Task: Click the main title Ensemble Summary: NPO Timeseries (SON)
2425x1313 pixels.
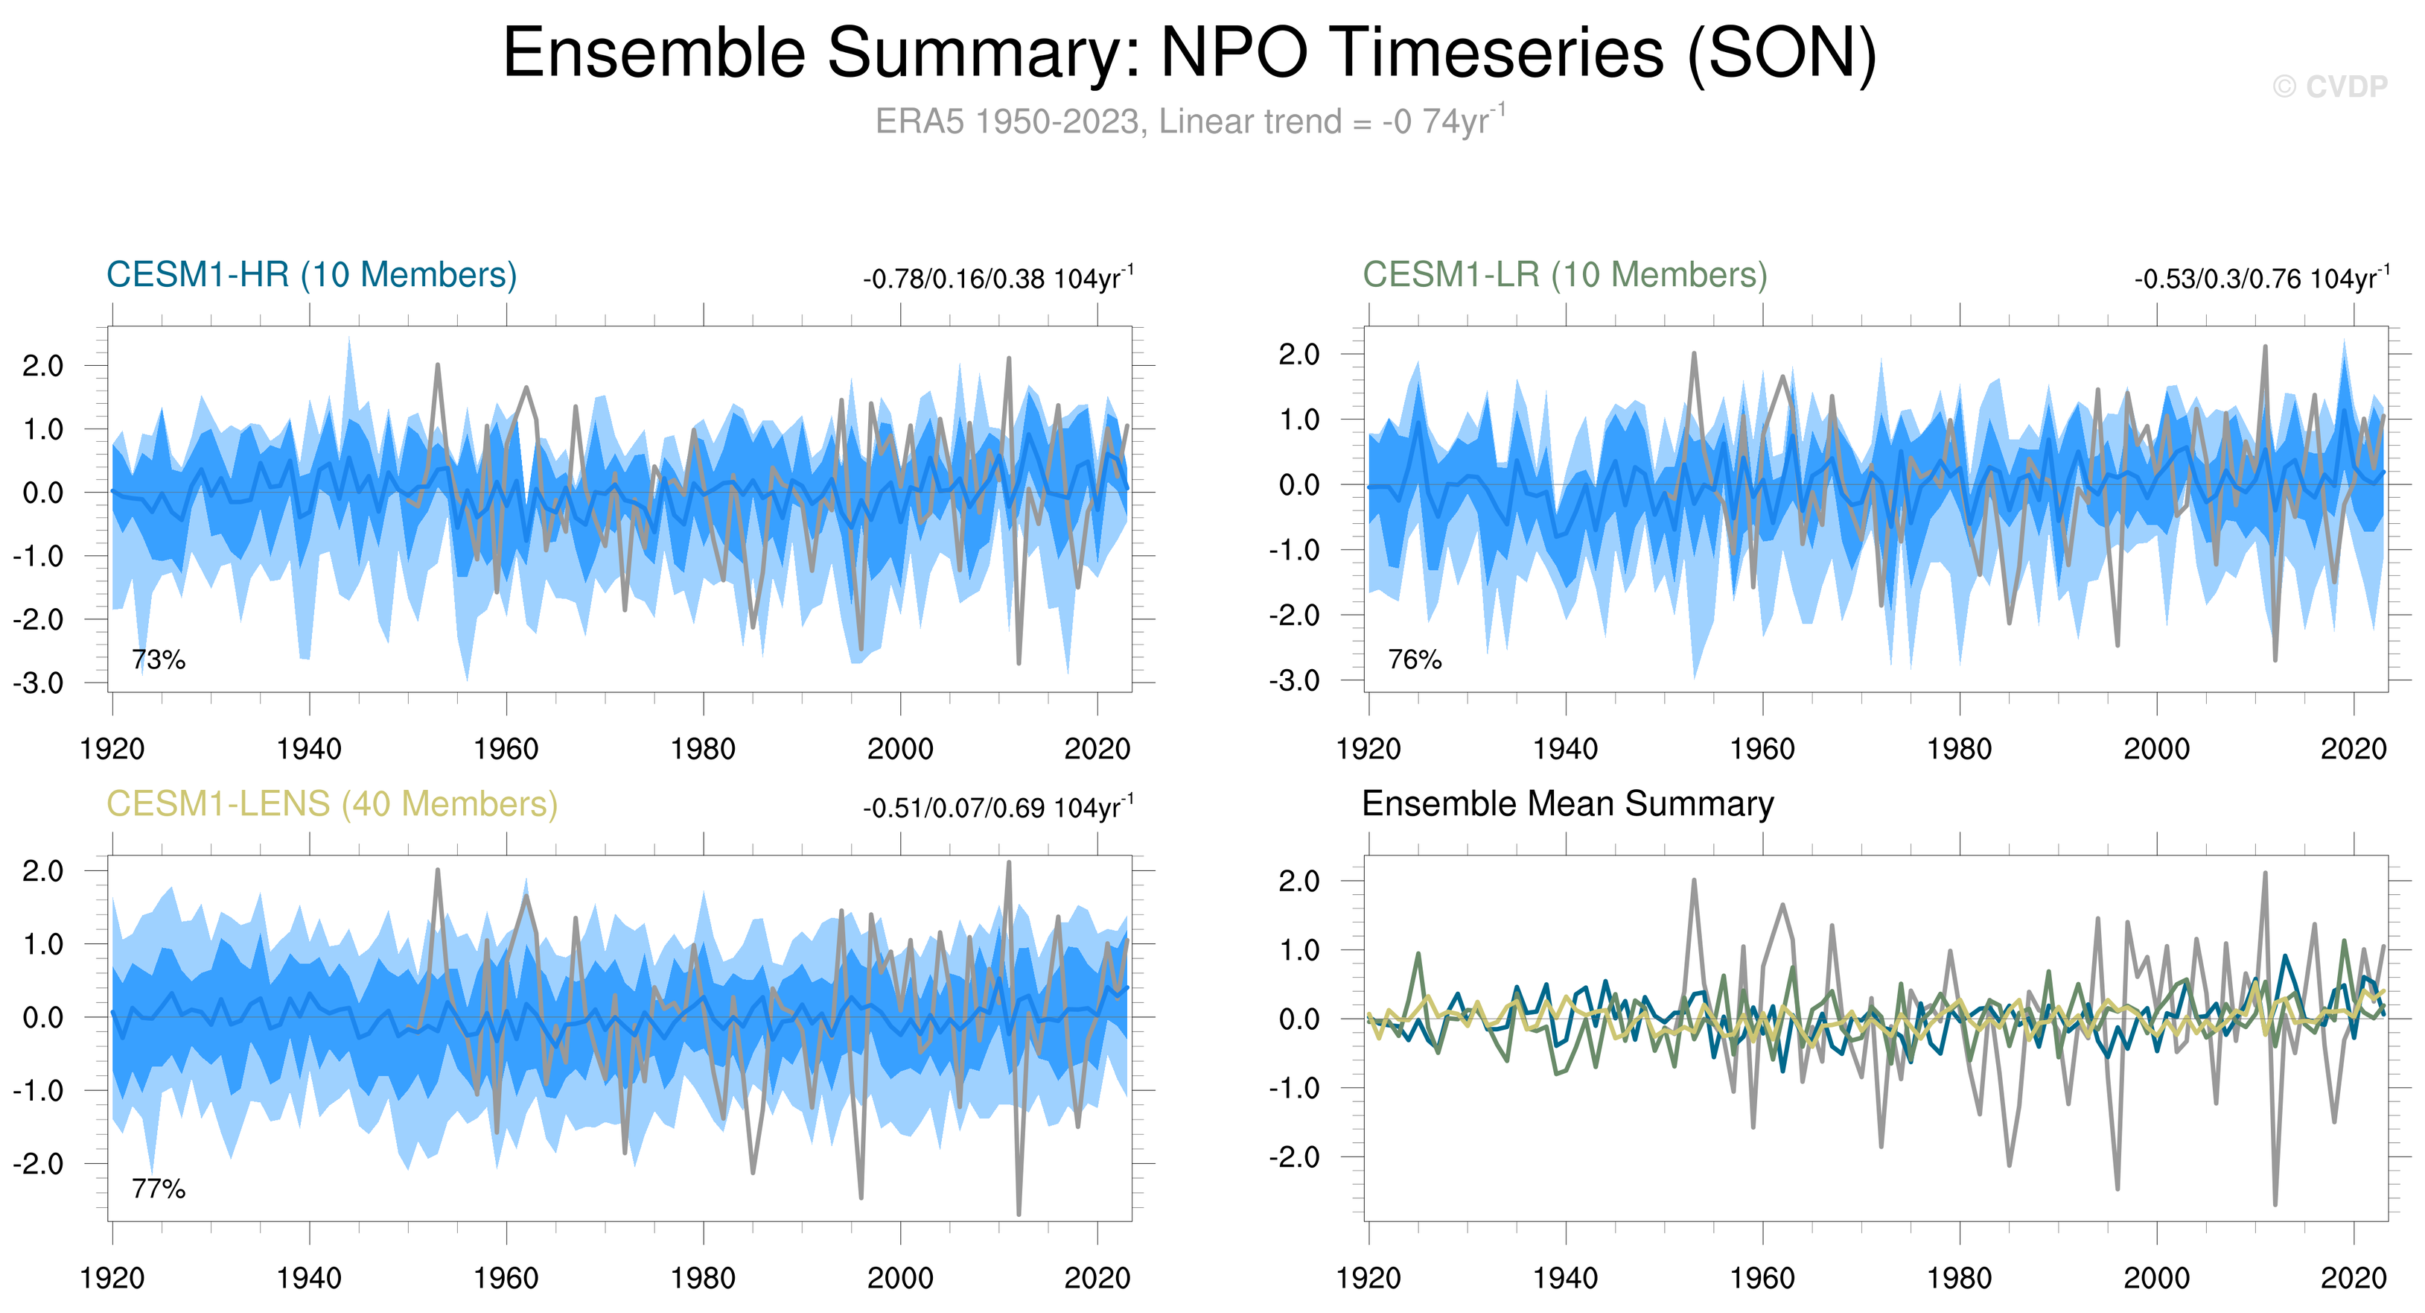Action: pos(1190,53)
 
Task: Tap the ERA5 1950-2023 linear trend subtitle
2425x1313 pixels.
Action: pos(1190,121)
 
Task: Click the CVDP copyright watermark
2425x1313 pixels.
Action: pos(2329,86)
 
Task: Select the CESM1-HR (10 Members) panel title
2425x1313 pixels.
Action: pos(312,275)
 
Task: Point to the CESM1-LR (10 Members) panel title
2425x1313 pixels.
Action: pos(1564,275)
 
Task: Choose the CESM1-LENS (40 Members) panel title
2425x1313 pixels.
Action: pos(331,803)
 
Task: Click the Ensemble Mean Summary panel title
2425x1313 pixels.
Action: pos(1567,803)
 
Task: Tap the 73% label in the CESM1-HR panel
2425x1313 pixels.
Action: pos(158,659)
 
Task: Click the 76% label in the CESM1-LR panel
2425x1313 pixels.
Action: pos(1415,659)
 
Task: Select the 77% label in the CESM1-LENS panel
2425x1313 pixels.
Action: pos(158,1189)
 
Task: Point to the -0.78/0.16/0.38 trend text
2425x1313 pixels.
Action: pos(998,279)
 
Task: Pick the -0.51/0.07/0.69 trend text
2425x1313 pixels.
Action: pos(998,809)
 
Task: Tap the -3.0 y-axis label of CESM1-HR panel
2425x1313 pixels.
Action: pos(39,683)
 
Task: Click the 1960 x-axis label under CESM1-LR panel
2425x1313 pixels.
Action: pos(1762,750)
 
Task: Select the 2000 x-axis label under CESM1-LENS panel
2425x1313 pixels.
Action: pos(900,1278)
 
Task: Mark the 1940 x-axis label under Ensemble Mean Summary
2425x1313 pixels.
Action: pos(1566,1278)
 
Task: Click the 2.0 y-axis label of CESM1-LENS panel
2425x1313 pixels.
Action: pos(43,871)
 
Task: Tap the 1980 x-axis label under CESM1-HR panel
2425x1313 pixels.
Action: pos(703,750)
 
